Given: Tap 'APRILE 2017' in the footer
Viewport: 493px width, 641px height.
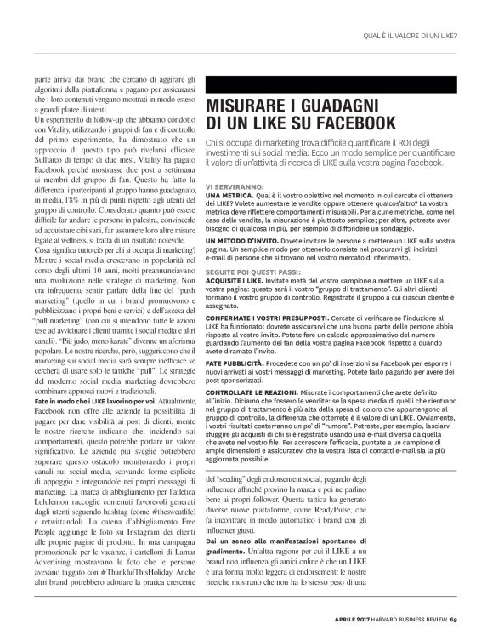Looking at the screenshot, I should click(346, 618).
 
